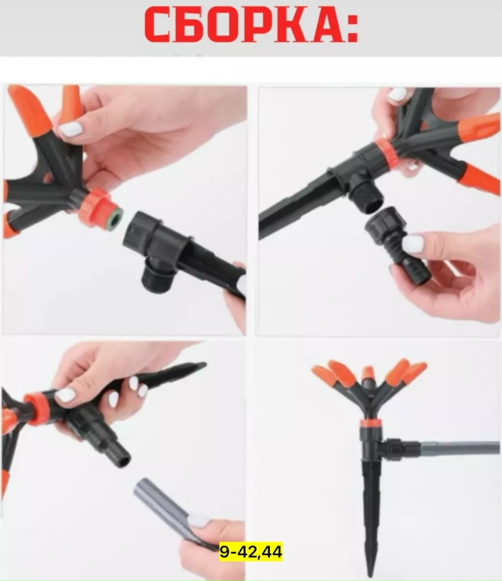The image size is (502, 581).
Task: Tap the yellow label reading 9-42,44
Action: pyautogui.click(x=251, y=552)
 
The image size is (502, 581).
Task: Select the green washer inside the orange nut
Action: pyautogui.click(x=115, y=217)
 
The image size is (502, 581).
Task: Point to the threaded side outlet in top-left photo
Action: pyautogui.click(x=158, y=275)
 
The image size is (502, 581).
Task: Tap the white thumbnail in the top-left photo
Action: pyautogui.click(x=70, y=130)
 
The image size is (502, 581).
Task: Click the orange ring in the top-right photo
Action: pyautogui.click(x=386, y=152)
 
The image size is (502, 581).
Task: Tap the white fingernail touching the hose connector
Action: pyautogui.click(x=413, y=244)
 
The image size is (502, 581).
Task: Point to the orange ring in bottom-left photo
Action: pyautogui.click(x=36, y=409)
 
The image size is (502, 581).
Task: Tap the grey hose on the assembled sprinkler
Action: pyautogui.click(x=459, y=447)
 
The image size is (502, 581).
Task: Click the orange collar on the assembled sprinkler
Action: pyautogui.click(x=371, y=422)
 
